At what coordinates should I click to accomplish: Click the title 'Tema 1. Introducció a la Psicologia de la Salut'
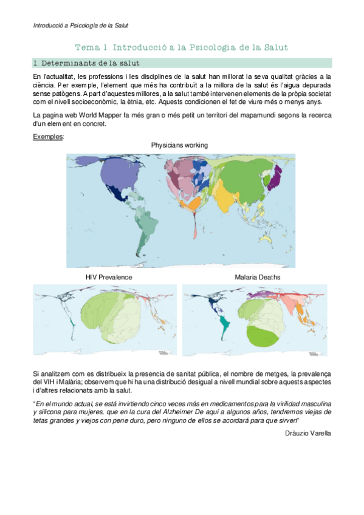tap(180, 47)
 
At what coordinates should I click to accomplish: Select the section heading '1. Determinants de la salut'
tap(87, 63)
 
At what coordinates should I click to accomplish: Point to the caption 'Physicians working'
tap(180, 145)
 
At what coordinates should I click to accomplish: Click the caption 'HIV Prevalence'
tap(109, 277)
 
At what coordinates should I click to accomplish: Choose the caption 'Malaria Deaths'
tap(258, 277)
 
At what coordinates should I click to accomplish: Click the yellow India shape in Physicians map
tap(225, 197)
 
